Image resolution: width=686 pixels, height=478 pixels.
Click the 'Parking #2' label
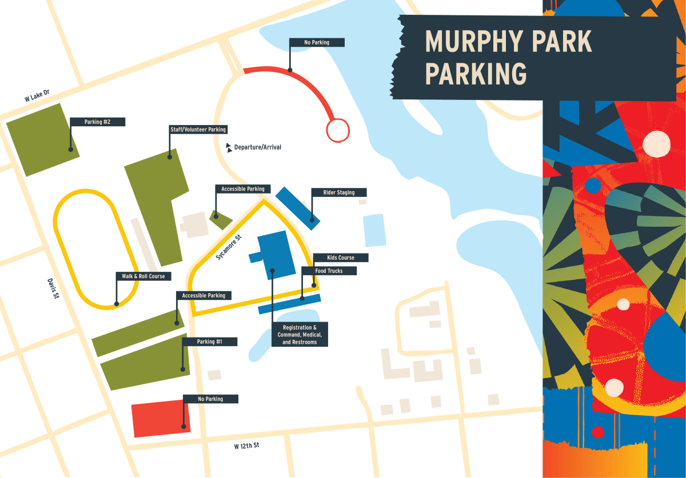[x=97, y=122]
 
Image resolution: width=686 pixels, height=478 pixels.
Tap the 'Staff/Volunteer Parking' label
[x=198, y=130]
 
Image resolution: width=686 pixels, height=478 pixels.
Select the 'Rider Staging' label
[x=338, y=192]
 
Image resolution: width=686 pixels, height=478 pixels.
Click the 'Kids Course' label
[x=341, y=258]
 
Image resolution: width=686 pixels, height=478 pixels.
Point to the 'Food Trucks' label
[x=329, y=271]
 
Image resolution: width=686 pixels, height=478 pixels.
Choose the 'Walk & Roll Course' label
[x=143, y=276]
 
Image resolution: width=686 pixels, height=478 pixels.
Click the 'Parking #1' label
[x=209, y=342]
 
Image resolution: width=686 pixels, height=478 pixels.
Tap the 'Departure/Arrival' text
[x=257, y=147]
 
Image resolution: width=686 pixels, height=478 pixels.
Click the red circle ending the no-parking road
[x=337, y=130]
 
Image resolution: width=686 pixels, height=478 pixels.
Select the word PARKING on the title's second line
[x=476, y=74]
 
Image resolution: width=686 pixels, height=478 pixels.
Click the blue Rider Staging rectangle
[x=297, y=208]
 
